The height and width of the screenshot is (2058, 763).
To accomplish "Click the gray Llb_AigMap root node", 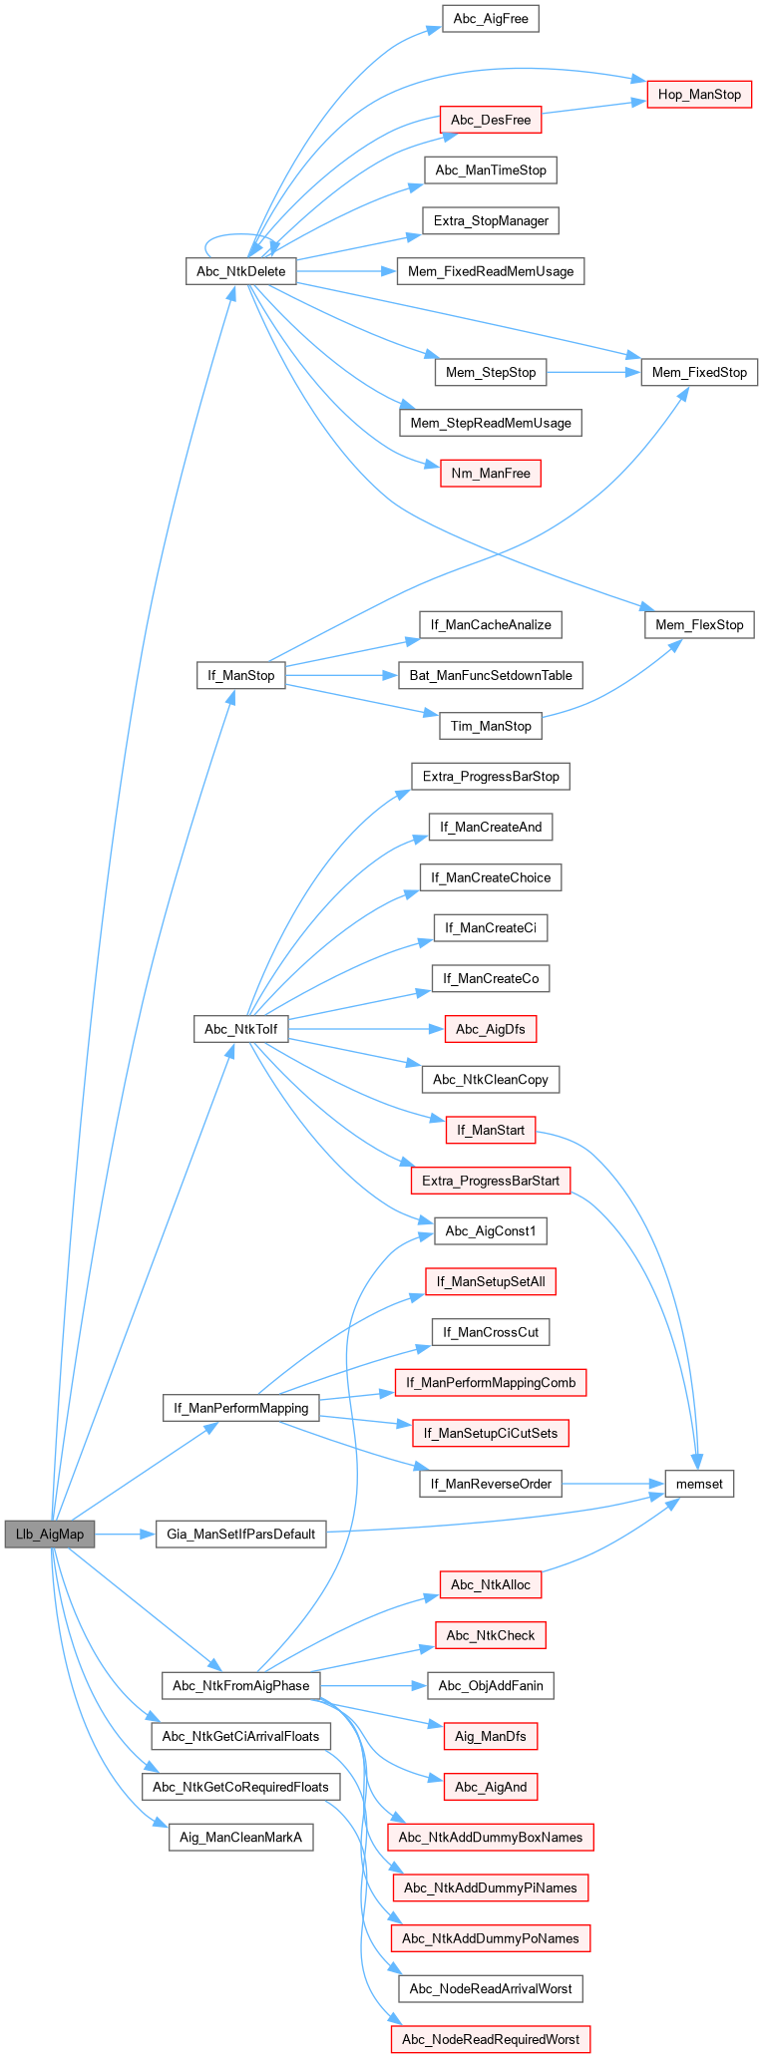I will coord(50,1534).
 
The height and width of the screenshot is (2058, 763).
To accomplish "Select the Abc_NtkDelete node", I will coord(240,271).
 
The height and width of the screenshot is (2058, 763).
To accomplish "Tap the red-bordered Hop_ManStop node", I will coord(699,95).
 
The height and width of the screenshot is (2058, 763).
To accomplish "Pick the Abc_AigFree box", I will coord(490,19).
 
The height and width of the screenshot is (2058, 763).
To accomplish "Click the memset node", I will coord(699,1484).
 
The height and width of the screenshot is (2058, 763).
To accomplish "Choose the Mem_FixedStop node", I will coord(699,372).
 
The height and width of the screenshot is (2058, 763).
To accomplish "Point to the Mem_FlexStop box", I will coord(699,625).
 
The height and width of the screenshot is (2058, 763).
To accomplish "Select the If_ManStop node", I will coord(240,675).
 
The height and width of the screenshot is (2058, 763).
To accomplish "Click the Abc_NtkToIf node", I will coord(240,1029).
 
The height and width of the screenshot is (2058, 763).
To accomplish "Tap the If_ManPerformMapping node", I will coord(240,1408).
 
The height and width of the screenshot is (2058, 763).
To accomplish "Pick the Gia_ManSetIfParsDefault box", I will coord(240,1534).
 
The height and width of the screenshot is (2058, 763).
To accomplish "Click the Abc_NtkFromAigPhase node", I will coord(240,1685).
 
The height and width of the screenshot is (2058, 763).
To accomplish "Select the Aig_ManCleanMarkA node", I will coord(240,1837).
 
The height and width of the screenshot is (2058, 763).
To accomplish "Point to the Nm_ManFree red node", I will coord(490,473).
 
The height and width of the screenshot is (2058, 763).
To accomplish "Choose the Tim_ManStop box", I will coord(490,726).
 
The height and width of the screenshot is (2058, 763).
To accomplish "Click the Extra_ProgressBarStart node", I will coord(490,1181).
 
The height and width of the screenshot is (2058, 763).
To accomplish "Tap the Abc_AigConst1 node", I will coord(490,1231).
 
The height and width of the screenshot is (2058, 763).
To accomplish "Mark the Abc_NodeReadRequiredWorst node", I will coord(490,2039).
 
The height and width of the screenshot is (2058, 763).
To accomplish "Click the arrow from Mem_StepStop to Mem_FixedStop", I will coord(592,372).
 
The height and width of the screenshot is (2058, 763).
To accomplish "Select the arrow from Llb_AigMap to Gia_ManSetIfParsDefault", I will coord(125,1534).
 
